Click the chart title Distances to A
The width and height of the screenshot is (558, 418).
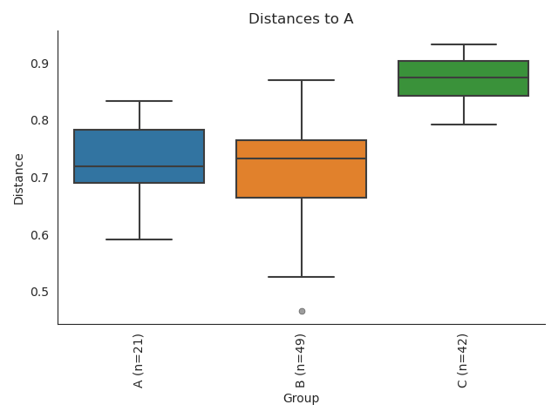pos(301,19)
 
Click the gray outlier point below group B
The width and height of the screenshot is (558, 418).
pos(302,311)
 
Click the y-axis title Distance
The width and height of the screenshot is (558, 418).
pos(19,178)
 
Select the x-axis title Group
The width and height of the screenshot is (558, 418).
pos(301,399)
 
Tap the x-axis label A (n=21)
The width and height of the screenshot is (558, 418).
pos(139,360)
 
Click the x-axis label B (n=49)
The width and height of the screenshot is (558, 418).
pos(301,360)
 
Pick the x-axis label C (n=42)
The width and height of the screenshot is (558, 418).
pos(463,360)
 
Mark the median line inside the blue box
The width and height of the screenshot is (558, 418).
pos(139,166)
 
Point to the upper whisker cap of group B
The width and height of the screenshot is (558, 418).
pos(301,80)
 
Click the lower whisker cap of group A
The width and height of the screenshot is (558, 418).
pos(139,239)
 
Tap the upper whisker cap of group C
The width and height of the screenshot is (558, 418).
pos(463,44)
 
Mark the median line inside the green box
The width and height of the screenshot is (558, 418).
pos(463,78)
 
